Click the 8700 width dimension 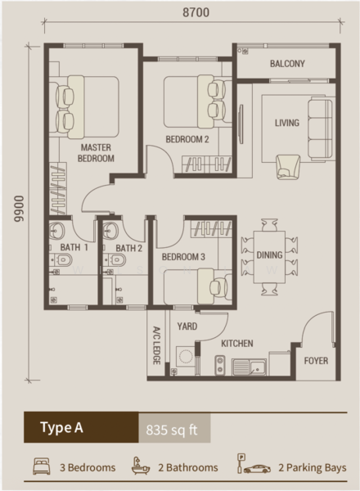tap(196, 12)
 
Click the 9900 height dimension tap(19, 209)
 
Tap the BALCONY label tap(287, 64)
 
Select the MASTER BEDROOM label tap(96, 153)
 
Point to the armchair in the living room tap(288, 167)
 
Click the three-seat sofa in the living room tap(320, 128)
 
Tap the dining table tap(269, 257)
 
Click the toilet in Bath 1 tap(61, 259)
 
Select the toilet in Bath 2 tap(115, 259)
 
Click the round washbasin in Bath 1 tap(56, 231)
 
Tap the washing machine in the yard tap(186, 356)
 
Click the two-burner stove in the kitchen tap(220, 365)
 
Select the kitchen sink tap(250, 367)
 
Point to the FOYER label tap(316, 361)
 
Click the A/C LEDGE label tap(156, 345)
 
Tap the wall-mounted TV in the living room tap(241, 124)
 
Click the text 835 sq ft tap(172, 430)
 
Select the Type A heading tap(61, 427)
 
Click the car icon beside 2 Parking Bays tap(257, 469)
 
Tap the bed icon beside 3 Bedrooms tap(42, 466)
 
